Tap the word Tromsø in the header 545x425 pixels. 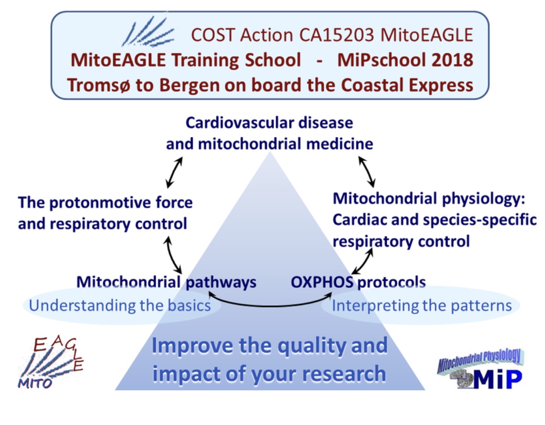click(98, 85)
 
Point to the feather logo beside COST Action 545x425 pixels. click(147, 32)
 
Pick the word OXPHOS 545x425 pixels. click(322, 282)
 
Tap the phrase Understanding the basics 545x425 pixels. click(120, 306)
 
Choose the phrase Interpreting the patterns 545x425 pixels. click(422, 306)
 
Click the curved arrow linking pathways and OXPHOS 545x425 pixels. click(270, 306)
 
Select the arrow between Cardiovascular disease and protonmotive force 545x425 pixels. click(174, 172)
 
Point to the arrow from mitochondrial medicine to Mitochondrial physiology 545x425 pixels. click(367, 171)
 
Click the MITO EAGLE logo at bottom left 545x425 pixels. click(51, 362)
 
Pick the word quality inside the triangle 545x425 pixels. click(312, 346)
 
